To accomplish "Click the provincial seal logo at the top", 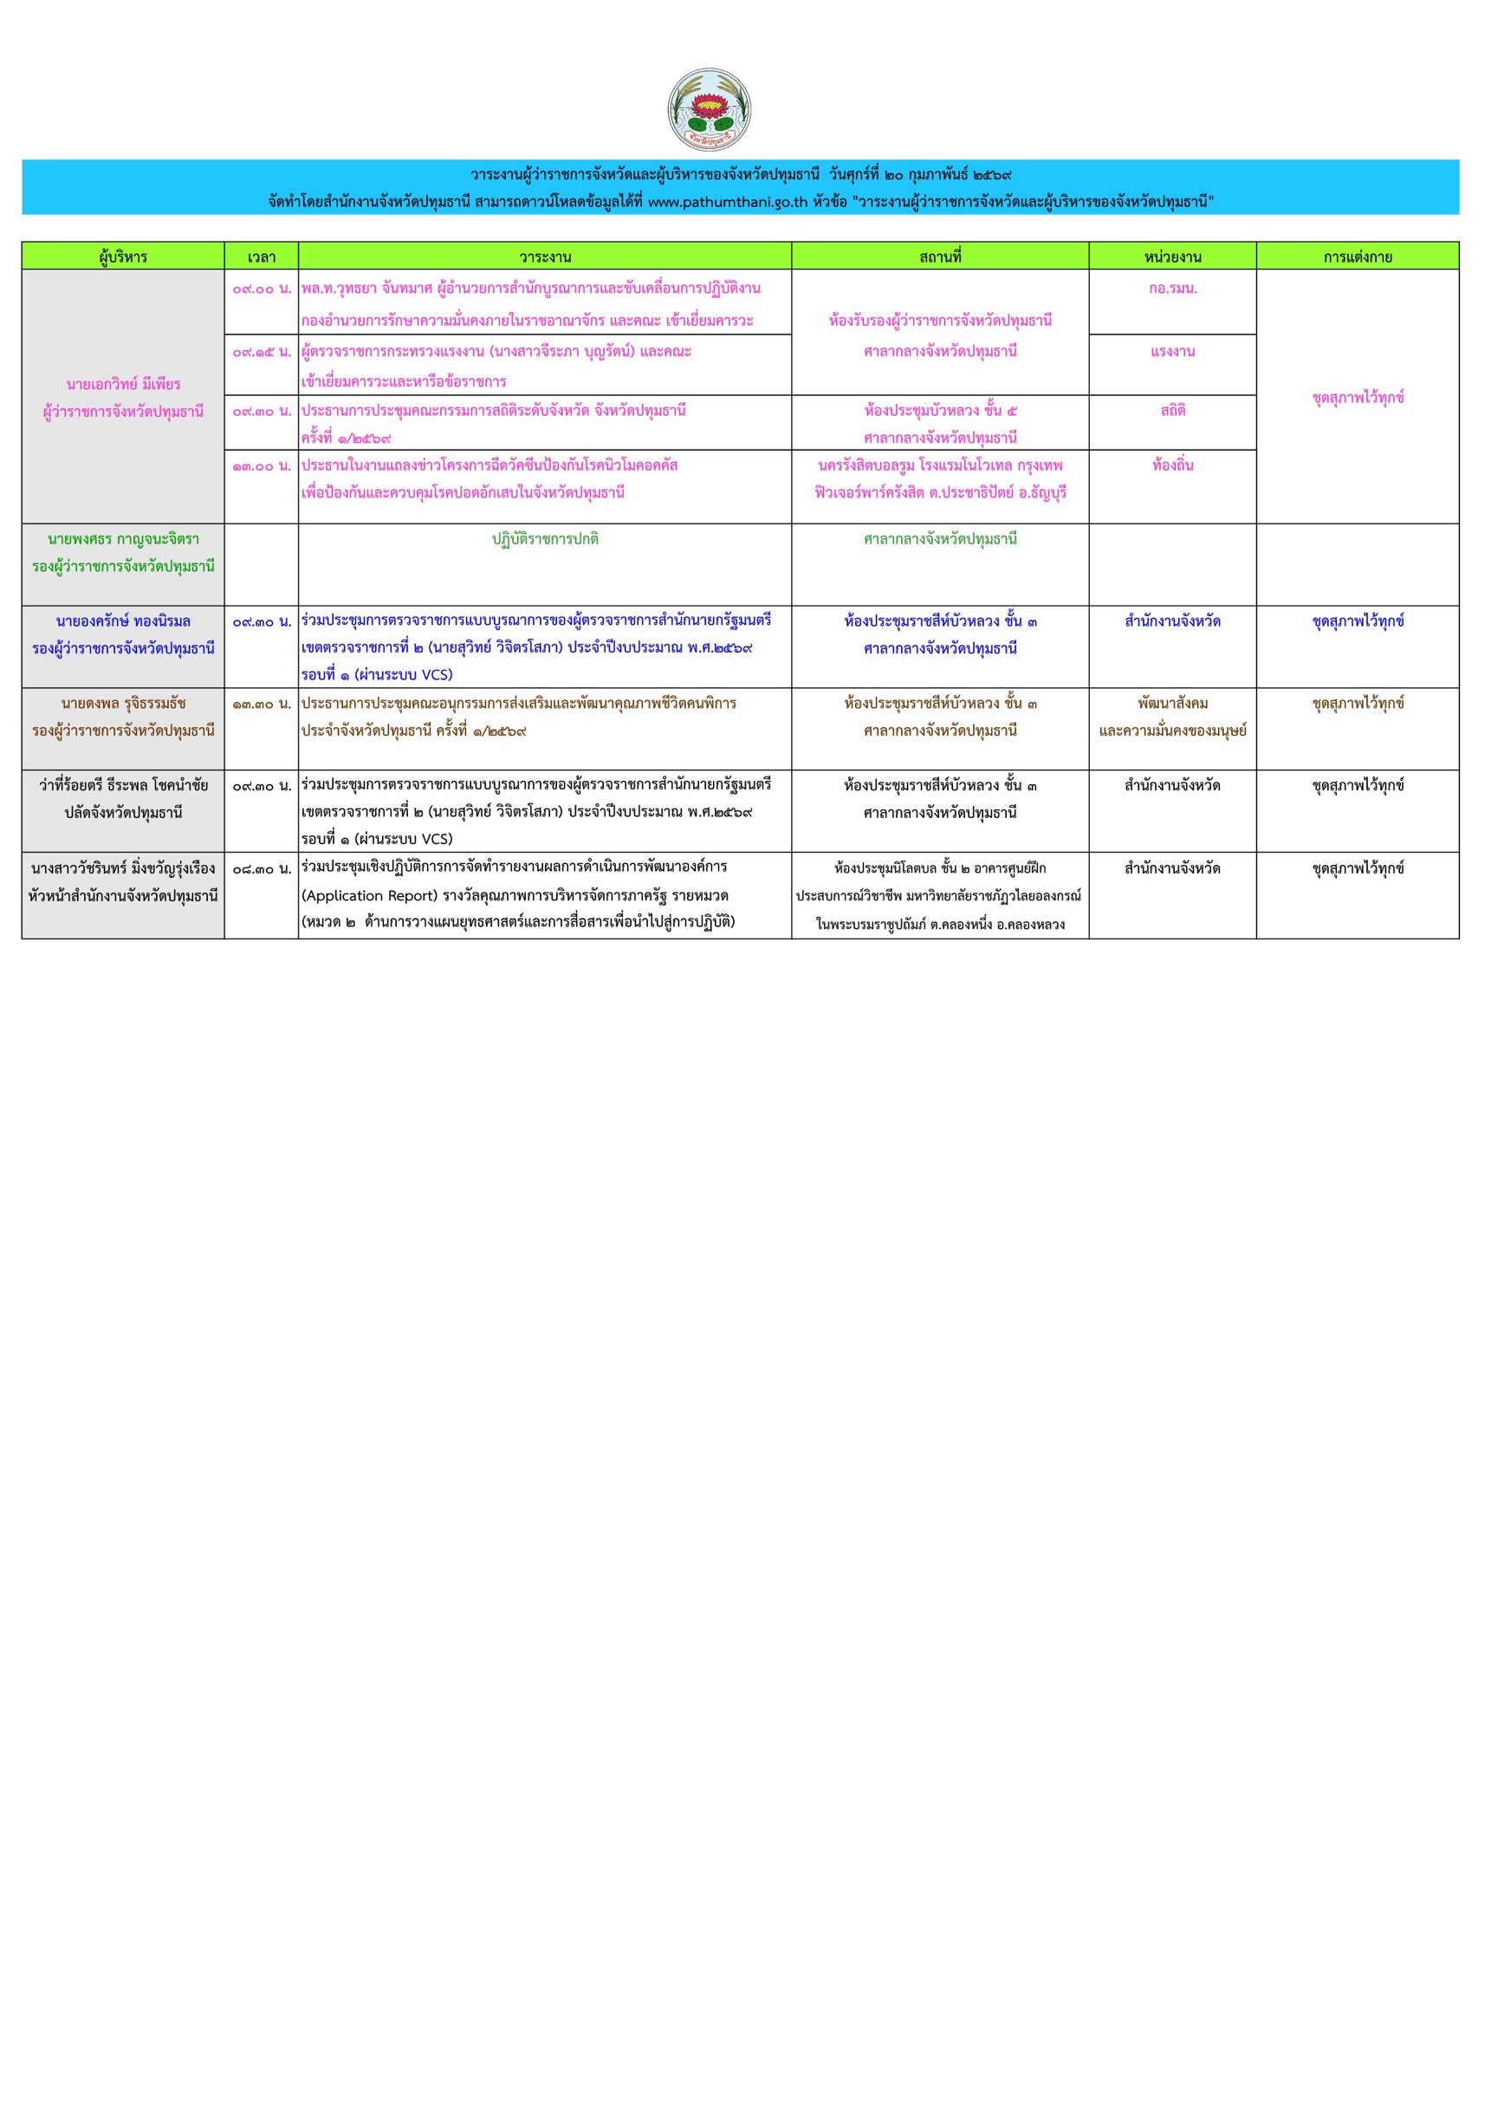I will (709, 109).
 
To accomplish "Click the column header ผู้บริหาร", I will (123, 257).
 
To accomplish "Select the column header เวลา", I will (261, 257).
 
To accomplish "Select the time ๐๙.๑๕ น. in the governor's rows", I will (261, 352).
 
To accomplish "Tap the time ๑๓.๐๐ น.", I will (261, 466).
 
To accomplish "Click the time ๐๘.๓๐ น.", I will (261, 869).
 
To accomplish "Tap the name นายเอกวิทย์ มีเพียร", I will (123, 384).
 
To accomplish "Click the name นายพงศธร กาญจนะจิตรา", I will (123, 540).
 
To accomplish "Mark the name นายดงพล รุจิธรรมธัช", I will (123, 705).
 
